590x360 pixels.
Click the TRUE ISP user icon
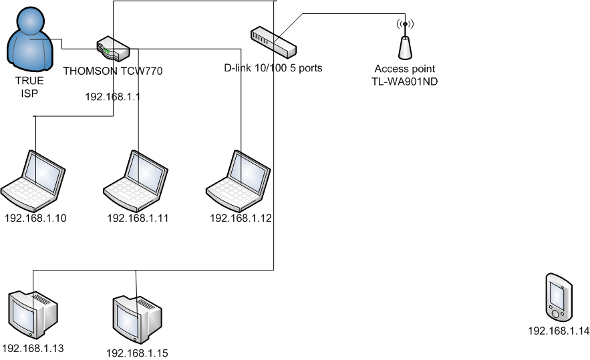pos(30,41)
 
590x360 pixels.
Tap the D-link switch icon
pos(273,42)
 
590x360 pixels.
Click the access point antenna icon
pos(404,41)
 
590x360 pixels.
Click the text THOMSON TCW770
pos(113,70)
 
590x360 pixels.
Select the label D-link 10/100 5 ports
pos(273,67)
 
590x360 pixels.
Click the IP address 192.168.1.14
pos(559,331)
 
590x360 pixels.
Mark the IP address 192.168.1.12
pos(241,218)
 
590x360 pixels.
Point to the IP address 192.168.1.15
pos(137,352)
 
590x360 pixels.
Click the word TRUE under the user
pos(29,81)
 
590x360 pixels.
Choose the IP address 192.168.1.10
pos(35,218)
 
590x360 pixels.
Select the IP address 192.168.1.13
pos(33,348)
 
